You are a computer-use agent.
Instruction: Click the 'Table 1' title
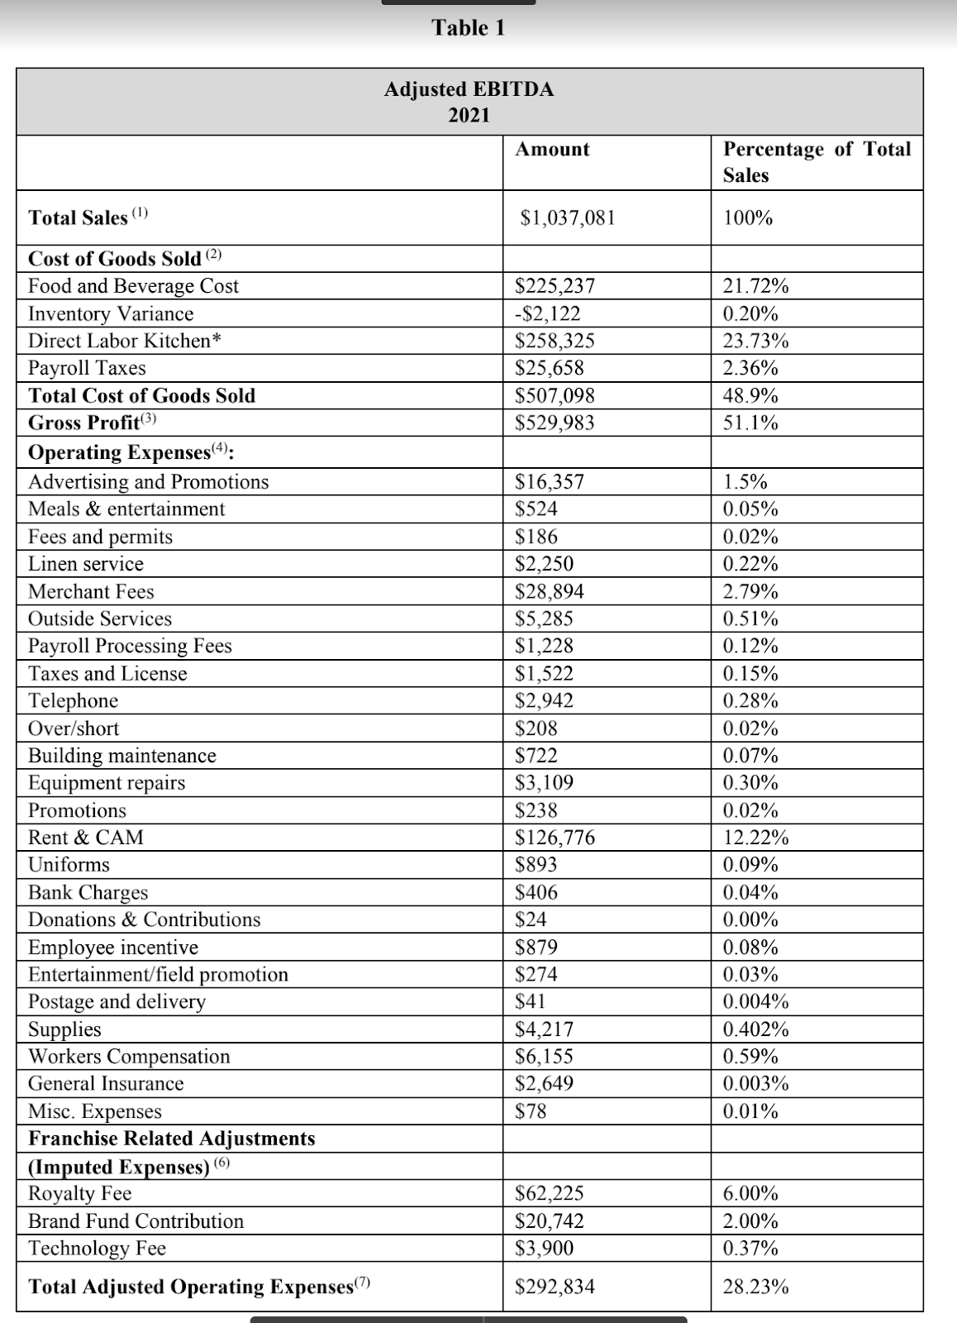point(468,28)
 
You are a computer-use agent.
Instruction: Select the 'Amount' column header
point(552,150)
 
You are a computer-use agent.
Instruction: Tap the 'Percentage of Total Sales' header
point(817,162)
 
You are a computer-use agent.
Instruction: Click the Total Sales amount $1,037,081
point(567,218)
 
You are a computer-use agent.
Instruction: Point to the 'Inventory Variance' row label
point(111,314)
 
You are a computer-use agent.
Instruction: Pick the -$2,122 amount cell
point(547,314)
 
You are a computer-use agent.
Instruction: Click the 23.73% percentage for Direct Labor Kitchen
point(755,341)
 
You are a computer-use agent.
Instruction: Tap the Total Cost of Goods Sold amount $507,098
point(555,396)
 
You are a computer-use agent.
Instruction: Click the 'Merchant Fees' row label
point(91,592)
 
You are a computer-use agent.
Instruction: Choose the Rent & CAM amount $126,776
point(555,838)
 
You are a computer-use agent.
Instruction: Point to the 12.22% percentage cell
point(755,838)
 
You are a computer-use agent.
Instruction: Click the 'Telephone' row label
point(73,701)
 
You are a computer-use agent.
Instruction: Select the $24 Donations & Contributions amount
point(531,919)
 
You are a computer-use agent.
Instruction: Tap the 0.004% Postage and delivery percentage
point(755,1002)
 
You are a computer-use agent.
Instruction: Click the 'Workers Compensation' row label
point(129,1057)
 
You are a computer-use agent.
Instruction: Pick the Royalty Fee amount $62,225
point(549,1194)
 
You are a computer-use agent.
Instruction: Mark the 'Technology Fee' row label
point(97,1249)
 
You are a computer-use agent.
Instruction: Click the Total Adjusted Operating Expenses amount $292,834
point(555,1287)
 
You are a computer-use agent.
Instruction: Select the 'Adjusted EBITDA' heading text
point(469,89)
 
